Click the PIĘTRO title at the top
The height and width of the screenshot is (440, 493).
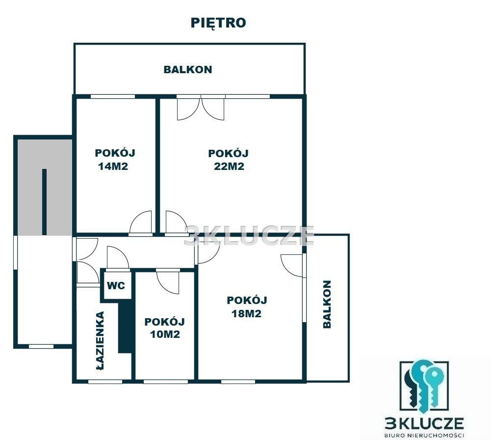[218, 23]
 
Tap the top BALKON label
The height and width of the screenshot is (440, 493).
[188, 70]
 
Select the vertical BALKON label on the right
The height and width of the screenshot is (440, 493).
[327, 304]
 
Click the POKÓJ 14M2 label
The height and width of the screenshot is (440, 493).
[115, 159]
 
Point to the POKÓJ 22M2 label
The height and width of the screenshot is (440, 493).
[229, 160]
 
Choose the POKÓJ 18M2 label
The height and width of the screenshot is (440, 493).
[247, 307]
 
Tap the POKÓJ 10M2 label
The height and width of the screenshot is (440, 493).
[164, 328]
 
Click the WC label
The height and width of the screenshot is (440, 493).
[116, 286]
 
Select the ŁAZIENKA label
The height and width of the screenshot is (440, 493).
[100, 340]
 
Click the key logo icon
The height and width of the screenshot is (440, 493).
[424, 387]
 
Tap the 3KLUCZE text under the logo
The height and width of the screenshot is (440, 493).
[424, 424]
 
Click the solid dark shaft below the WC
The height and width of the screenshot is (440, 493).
[125, 326]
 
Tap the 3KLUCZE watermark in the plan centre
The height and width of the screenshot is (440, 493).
[249, 235]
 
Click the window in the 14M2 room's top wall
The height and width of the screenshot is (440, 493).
[113, 96]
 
